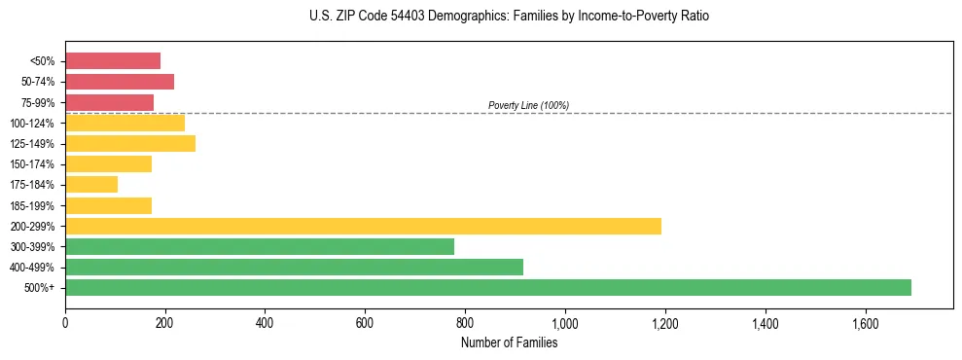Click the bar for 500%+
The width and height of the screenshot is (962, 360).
coord(487,287)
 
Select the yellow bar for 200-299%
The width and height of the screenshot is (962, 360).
coord(363,226)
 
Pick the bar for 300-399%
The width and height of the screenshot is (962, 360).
coord(260,246)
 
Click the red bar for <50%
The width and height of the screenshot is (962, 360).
coord(113,61)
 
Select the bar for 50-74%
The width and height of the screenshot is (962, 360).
coord(120,82)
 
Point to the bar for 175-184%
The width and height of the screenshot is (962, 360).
coord(91,185)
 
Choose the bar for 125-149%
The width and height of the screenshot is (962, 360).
coord(130,144)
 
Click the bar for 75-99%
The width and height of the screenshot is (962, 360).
coord(109,102)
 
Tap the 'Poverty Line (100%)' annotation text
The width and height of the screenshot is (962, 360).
coord(528,105)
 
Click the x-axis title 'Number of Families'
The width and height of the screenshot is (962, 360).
coord(509,342)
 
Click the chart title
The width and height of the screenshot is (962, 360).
coord(509,17)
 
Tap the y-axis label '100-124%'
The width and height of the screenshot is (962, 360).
coord(32,124)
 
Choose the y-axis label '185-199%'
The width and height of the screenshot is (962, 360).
coord(32,205)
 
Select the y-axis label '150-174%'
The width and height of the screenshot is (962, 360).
coord(32,164)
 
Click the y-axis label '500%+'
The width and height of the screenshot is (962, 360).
coord(38,288)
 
